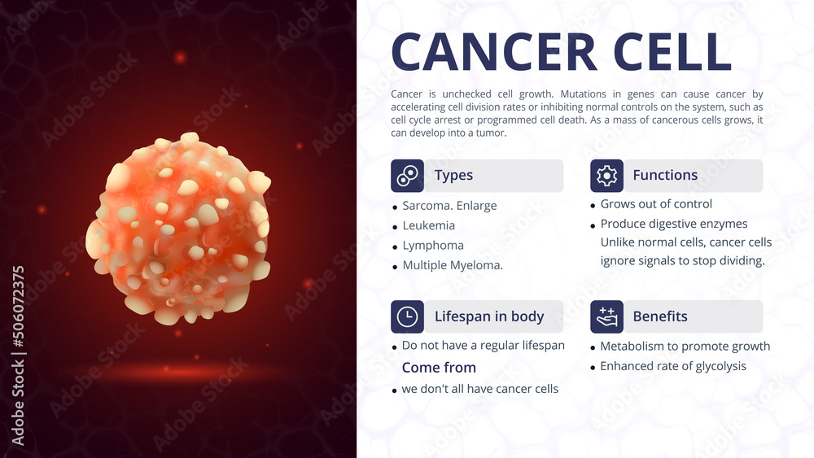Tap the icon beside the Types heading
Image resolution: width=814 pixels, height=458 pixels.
click(x=407, y=176)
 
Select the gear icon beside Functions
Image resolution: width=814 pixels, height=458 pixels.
click(x=606, y=176)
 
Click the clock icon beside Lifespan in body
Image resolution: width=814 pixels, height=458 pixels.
click(x=407, y=316)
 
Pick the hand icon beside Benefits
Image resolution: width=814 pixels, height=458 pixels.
click(x=606, y=316)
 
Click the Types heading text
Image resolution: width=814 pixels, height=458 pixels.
click(x=453, y=176)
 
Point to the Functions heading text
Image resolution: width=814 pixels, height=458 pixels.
click(x=665, y=176)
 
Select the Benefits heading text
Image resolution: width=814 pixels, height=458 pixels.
click(x=660, y=316)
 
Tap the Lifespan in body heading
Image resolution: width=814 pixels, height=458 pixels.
click(x=488, y=316)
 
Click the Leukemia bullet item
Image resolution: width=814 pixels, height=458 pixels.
click(x=428, y=225)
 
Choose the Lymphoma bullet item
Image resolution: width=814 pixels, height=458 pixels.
click(x=433, y=245)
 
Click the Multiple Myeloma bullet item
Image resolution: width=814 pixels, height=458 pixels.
click(x=453, y=265)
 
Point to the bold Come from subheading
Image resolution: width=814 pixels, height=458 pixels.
click(x=439, y=368)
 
